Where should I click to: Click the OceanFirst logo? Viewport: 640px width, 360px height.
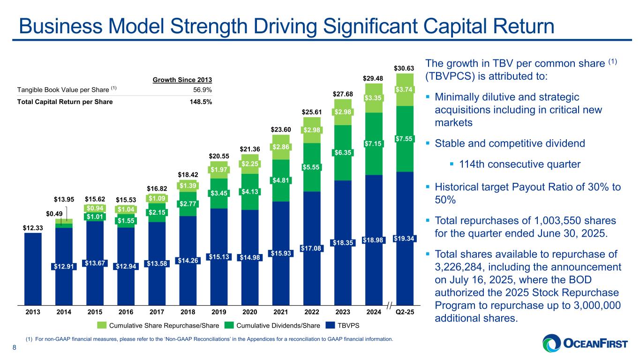587,343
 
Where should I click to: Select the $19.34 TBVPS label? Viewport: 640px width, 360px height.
404,239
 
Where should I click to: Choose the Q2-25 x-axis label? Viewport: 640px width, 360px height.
404,311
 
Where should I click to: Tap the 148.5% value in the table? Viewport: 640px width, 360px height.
202,102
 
